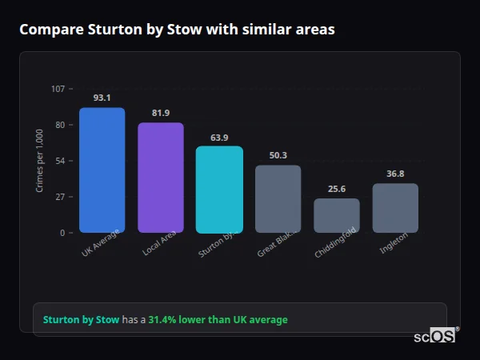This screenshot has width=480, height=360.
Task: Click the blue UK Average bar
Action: click(102, 170)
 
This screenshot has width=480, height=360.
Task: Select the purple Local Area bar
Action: click(161, 178)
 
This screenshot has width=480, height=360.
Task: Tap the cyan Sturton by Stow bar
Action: click(219, 189)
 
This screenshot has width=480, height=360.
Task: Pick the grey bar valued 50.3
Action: click(278, 198)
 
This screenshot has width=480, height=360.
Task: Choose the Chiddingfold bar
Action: click(337, 215)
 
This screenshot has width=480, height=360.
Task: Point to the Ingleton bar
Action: click(395, 208)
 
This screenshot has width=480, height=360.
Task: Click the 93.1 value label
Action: click(102, 98)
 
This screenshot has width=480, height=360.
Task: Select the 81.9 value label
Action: click(161, 113)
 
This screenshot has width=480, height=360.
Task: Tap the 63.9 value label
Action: click(219, 138)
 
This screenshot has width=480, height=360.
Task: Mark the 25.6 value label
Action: click(337, 189)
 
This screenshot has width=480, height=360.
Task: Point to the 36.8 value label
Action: click(395, 174)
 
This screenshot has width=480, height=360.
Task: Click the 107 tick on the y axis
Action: click(58, 88)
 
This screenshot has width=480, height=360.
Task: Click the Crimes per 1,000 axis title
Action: click(40, 161)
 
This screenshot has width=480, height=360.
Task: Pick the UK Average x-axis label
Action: click(100, 244)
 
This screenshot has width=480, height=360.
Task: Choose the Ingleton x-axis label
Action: click(394, 243)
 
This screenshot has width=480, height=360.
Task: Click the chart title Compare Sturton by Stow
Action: click(177, 30)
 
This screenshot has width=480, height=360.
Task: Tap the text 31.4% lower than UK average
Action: click(218, 320)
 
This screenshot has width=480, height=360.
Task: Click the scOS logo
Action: click(435, 337)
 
